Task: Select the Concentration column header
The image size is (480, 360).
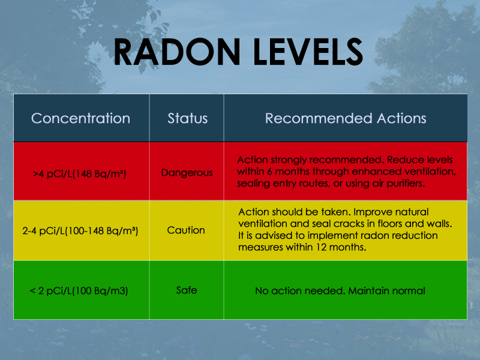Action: point(80,118)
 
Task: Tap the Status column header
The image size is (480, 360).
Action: point(187,118)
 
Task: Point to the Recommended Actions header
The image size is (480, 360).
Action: point(346,118)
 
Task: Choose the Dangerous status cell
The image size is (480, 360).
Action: point(187,173)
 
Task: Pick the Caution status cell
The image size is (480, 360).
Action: point(186,230)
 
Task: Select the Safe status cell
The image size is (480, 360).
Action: point(187,290)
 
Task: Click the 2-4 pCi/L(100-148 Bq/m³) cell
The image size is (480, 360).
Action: point(80,230)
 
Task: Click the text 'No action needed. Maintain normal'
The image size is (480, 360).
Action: point(340,291)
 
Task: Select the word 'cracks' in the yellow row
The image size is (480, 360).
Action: point(349,224)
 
